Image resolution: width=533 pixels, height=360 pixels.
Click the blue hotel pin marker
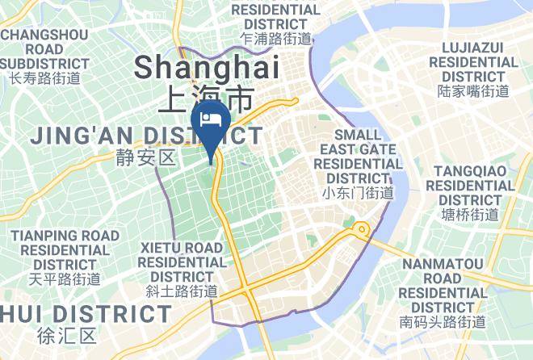tap(211, 120)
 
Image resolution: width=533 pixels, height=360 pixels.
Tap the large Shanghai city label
tap(207, 67)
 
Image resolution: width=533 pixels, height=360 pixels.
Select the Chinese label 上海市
tap(207, 99)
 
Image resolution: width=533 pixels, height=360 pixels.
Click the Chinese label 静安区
tap(145, 157)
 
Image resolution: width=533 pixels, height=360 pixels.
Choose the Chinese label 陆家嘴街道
tap(473, 91)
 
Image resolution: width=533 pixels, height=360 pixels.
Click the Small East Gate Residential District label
tap(358, 156)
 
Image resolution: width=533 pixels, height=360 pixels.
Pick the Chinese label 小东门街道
tap(358, 193)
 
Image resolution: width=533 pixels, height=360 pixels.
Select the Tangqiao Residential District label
tap(473, 185)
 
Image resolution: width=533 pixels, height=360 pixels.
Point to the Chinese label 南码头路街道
tap(443, 322)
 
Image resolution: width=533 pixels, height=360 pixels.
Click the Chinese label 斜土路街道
tap(181, 291)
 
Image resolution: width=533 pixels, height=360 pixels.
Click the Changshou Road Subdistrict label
tap(45, 49)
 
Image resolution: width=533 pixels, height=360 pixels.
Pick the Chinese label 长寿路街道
tap(45, 78)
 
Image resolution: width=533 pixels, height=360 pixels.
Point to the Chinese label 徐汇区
tap(66, 334)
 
